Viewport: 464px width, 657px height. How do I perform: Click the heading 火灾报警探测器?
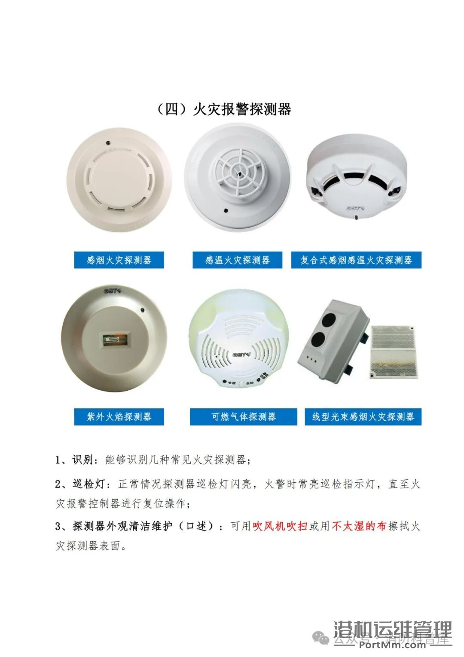(223, 109)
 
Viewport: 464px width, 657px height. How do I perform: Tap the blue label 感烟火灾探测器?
(119, 260)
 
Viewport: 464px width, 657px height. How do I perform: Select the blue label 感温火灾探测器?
(237, 260)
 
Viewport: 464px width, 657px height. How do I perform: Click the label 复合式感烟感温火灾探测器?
(356, 260)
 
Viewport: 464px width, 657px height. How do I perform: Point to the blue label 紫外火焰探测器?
(119, 416)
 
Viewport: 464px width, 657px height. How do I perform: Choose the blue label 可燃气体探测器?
(243, 416)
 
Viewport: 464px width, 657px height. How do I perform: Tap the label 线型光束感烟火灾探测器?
(363, 416)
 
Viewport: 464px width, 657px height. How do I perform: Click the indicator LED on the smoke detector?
(108, 142)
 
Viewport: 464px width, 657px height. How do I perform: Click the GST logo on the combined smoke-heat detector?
(355, 208)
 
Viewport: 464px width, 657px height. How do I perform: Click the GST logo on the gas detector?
(241, 355)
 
